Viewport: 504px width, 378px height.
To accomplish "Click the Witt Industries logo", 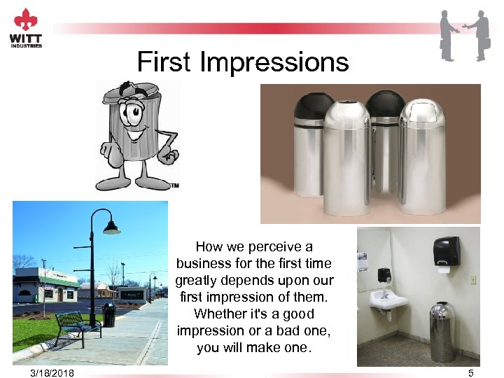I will (26, 27).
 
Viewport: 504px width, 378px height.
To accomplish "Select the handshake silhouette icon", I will (464, 35).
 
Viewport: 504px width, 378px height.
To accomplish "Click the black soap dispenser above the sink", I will (384, 274).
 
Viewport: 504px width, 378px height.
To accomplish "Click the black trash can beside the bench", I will (109, 316).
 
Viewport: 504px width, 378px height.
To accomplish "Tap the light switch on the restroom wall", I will (473, 279).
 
